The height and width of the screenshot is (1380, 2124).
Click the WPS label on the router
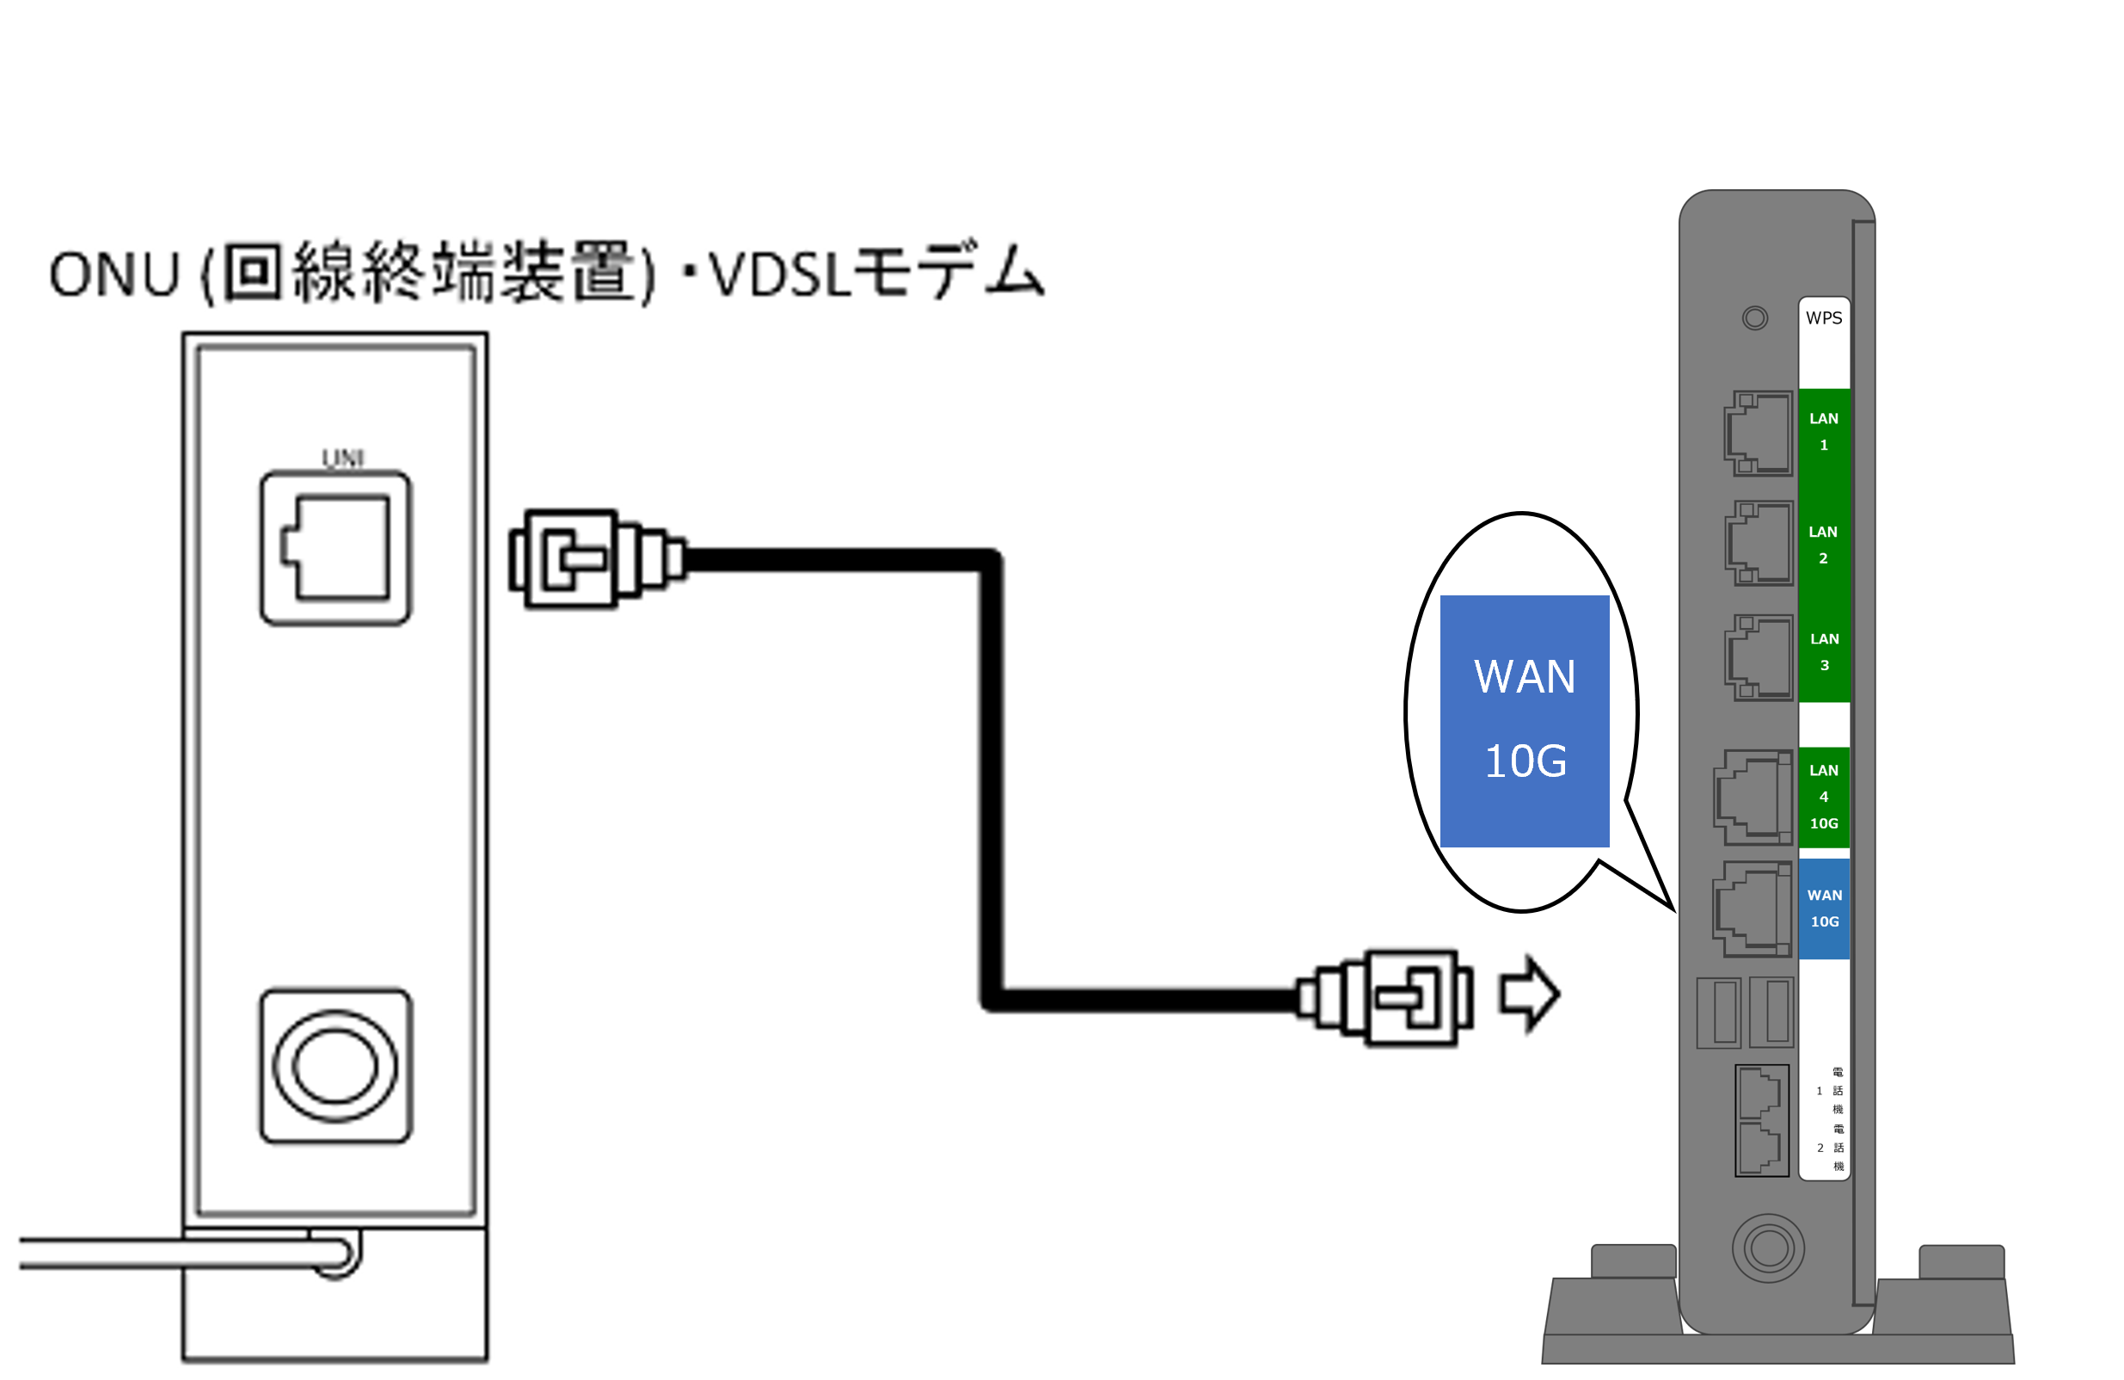point(1822,318)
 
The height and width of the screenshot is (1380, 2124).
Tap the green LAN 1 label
point(1822,431)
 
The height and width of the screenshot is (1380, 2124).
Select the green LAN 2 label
point(1822,545)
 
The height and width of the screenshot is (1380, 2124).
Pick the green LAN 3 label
point(1823,651)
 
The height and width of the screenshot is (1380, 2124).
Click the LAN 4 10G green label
point(1823,796)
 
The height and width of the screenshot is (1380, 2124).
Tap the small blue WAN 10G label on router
point(1823,908)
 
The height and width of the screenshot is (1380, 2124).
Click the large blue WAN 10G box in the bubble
point(1525,720)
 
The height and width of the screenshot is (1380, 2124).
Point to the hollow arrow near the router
point(1529,994)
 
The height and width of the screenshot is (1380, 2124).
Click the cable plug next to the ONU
point(595,558)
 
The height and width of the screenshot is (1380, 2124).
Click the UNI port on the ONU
point(335,548)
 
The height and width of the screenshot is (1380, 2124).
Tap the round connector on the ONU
point(335,1066)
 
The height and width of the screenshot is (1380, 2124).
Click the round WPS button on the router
point(1754,317)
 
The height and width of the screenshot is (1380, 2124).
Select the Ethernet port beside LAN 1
point(1758,433)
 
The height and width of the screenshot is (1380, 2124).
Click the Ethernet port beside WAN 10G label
point(1751,909)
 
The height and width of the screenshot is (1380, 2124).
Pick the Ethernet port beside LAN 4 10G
point(1752,798)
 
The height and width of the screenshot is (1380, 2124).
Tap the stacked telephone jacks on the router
point(1761,1120)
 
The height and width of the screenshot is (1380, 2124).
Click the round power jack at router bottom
point(1768,1248)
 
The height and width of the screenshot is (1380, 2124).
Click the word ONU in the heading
point(114,274)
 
